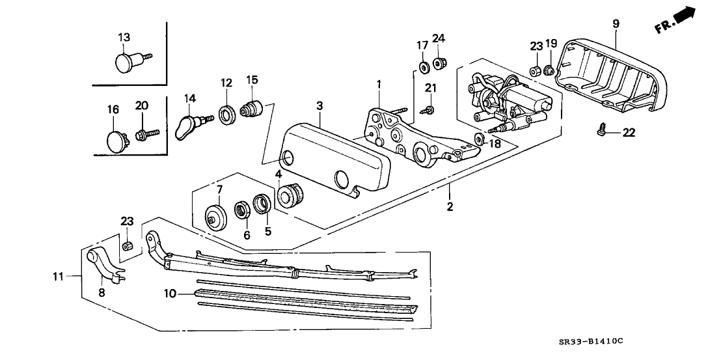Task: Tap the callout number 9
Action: [616, 23]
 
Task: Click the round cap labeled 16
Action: [116, 139]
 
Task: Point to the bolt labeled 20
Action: [144, 135]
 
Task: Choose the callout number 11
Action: [58, 277]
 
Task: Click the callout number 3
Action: [320, 105]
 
